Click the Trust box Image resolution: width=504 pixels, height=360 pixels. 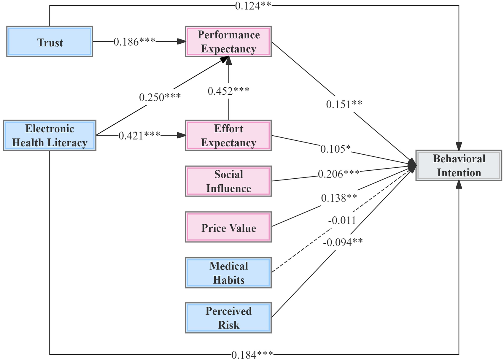click(x=50, y=42)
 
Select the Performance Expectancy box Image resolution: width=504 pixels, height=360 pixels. click(x=228, y=42)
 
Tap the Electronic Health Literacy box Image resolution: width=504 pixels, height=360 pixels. click(x=50, y=135)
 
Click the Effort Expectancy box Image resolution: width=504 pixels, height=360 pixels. click(x=228, y=135)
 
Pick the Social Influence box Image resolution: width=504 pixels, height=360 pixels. click(x=228, y=181)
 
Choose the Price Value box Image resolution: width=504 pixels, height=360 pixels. click(x=228, y=227)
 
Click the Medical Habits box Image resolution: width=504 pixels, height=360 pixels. click(x=228, y=273)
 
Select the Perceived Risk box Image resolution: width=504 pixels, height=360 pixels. click(x=228, y=318)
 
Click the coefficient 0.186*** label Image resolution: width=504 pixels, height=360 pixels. click(x=134, y=42)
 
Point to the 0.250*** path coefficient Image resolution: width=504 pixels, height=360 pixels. click(x=160, y=97)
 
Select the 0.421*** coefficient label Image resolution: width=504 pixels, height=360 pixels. click(x=139, y=136)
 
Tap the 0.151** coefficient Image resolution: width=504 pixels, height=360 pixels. click(x=344, y=104)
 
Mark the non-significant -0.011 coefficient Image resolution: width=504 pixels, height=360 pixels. click(x=342, y=220)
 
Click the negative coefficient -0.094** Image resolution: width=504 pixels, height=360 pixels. click(x=343, y=242)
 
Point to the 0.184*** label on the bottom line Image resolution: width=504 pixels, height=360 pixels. click(x=252, y=355)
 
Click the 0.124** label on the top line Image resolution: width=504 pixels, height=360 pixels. click(x=253, y=6)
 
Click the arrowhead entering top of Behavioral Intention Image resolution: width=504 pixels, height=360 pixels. click(x=459, y=146)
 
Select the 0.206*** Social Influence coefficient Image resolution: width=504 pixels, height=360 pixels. click(x=339, y=174)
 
